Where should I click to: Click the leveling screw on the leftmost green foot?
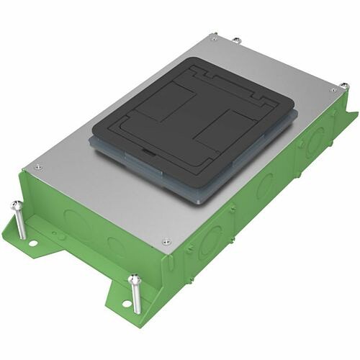pyautogui.click(x=19, y=219)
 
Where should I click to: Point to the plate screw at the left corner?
pyautogui.click(x=37, y=167)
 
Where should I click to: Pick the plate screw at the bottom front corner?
pyautogui.click(x=166, y=242)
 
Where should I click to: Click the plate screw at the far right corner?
pyautogui.click(x=332, y=90)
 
